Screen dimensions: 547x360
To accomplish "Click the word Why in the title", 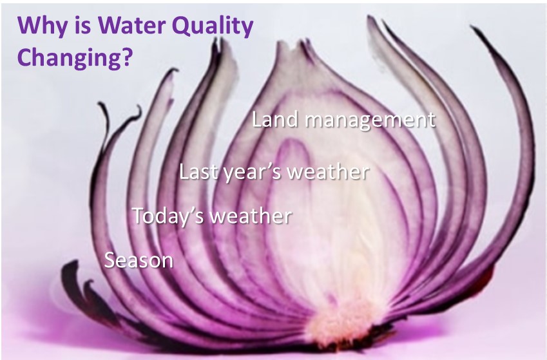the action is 41,26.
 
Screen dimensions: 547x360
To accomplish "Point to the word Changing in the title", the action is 68,57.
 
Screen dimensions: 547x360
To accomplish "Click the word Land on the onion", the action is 275,119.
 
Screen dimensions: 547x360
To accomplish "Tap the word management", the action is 370,120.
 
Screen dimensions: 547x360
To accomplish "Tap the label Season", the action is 139,260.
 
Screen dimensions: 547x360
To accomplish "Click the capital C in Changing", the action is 24,56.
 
